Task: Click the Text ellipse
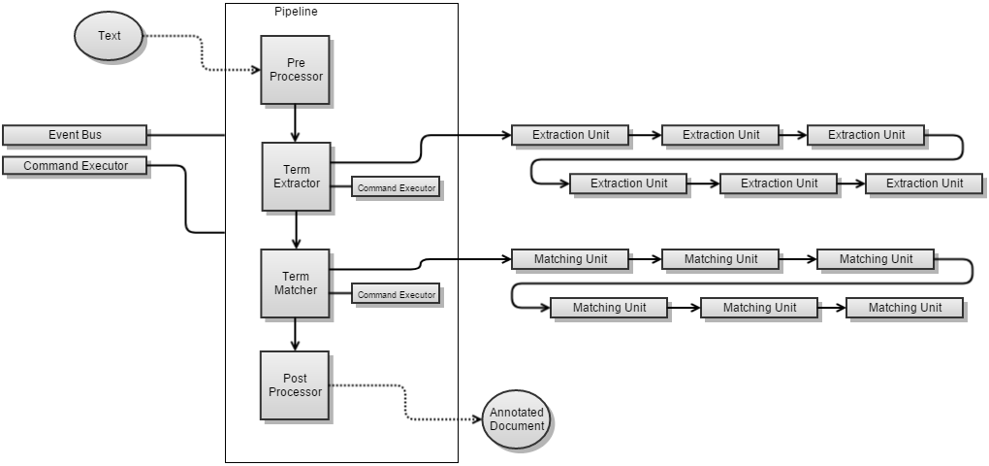pos(110,37)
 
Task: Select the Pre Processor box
pos(295,70)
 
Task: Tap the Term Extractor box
pos(296,177)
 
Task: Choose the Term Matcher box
pos(296,283)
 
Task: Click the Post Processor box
pos(295,385)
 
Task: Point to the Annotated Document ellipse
pos(516,419)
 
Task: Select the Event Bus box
pos(75,135)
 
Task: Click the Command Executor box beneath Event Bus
pos(75,166)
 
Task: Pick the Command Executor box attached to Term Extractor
pos(396,186)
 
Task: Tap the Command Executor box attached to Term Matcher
pos(396,294)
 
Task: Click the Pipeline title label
pos(296,12)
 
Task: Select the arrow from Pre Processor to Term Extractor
pos(296,123)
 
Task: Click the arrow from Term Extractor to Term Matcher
pos(296,230)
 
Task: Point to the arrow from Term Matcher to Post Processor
pos(296,334)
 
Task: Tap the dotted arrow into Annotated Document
pos(405,403)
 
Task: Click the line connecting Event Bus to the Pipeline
pos(185,135)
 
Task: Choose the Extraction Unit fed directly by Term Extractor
pos(571,135)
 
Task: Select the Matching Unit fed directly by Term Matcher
pos(571,259)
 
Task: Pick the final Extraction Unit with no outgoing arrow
pos(924,183)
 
